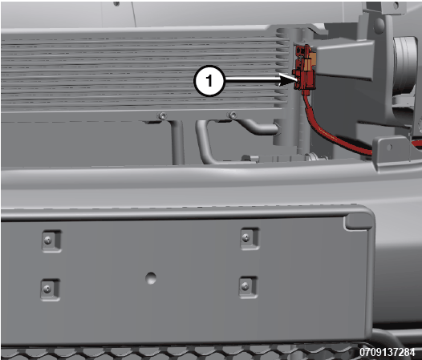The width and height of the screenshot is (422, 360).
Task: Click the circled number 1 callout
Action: click(209, 81)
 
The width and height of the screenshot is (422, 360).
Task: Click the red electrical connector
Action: click(305, 69)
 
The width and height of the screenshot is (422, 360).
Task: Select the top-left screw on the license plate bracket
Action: click(48, 241)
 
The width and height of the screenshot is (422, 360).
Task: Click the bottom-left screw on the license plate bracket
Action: click(47, 289)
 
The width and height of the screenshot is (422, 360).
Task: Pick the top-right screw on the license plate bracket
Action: click(245, 238)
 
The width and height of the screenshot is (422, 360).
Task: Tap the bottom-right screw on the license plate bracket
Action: click(245, 286)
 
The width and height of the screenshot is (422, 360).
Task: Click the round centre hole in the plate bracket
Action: click(151, 278)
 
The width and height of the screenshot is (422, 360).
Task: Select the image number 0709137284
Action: click(388, 352)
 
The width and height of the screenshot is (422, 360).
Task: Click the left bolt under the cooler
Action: click(162, 116)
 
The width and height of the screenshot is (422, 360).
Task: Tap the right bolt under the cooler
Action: click(233, 115)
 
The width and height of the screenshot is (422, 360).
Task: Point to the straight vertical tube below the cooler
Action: click(177, 142)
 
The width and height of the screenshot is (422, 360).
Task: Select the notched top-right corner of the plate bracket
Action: click(359, 220)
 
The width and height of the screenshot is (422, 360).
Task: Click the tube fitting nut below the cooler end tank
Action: click(314, 156)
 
